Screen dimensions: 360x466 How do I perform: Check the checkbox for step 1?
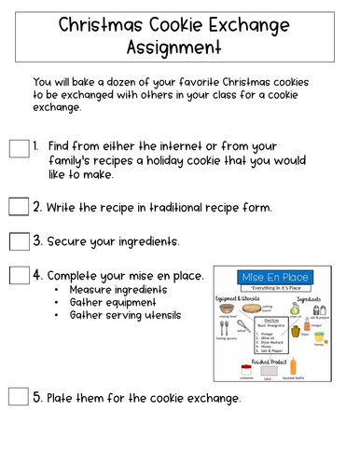19,149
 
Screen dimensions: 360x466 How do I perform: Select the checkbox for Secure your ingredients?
19,241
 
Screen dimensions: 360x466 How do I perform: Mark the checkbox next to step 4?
19,276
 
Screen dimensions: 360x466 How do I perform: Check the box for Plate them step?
19,397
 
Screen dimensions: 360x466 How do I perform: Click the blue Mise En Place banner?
276,278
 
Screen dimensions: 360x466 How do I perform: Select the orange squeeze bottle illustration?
294,366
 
